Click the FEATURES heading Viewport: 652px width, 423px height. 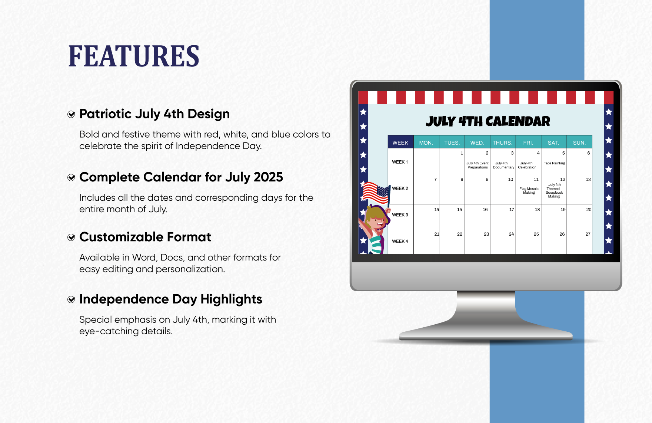click(134, 56)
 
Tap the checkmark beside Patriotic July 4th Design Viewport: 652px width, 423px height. click(71, 114)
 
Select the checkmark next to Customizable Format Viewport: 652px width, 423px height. click(71, 237)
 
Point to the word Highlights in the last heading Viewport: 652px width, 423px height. click(232, 299)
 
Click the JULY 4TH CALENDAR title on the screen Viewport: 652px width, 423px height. click(488, 121)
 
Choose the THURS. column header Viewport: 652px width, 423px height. click(502, 143)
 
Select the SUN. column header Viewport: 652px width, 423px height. click(579, 143)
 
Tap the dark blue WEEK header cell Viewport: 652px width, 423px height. click(400, 142)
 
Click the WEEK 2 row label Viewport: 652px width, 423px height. click(400, 188)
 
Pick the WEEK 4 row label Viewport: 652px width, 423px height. click(400, 241)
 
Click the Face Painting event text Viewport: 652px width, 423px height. click(554, 163)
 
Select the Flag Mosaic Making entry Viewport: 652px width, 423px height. click(529, 191)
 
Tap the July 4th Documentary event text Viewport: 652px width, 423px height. click(503, 165)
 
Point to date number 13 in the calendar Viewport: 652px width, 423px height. click(588, 180)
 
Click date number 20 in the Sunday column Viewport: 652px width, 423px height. click(589, 210)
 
